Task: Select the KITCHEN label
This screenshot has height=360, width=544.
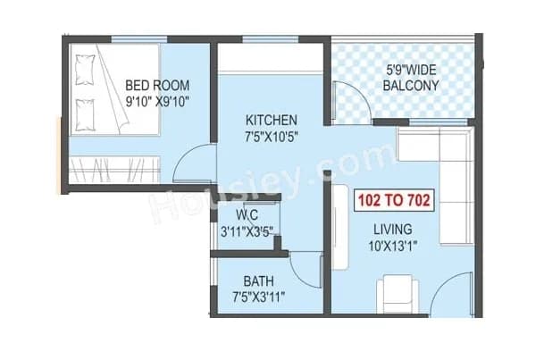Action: point(272,120)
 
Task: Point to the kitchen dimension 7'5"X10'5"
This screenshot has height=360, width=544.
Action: point(272,136)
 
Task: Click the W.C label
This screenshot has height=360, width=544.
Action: point(247,215)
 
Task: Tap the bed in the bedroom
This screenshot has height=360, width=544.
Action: point(113,90)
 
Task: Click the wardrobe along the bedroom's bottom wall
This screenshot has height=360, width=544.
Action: point(114,167)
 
